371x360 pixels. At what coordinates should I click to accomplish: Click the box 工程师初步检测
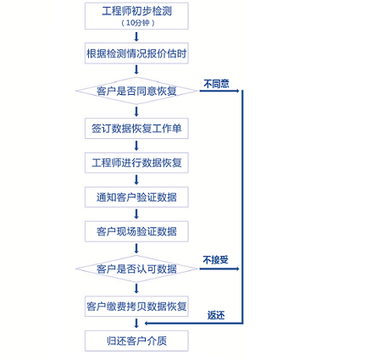pyautogui.click(x=136, y=16)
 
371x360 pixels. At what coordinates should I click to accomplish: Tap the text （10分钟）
pyautogui.click(x=138, y=23)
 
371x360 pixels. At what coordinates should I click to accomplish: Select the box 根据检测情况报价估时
pyautogui.click(x=136, y=53)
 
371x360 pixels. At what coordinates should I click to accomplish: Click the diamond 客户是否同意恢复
pyautogui.click(x=136, y=91)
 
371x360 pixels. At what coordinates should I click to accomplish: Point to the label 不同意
pyautogui.click(x=216, y=84)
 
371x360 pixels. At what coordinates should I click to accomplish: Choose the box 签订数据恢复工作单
pyautogui.click(x=136, y=129)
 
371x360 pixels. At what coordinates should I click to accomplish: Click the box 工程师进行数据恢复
pyautogui.click(x=136, y=163)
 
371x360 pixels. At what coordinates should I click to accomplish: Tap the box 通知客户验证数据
pyautogui.click(x=136, y=197)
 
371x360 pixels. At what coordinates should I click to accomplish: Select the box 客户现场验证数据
pyautogui.click(x=136, y=231)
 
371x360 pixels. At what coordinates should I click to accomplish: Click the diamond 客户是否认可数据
pyautogui.click(x=136, y=269)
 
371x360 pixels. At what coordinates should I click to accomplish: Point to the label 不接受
pyautogui.click(x=215, y=260)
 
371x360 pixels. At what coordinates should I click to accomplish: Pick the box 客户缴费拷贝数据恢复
pyautogui.click(x=136, y=307)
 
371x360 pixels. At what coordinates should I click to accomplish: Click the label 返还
pyautogui.click(x=216, y=315)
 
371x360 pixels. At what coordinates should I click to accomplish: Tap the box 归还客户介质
pyautogui.click(x=136, y=341)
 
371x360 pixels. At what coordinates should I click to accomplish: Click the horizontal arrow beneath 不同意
pyautogui.click(x=219, y=91)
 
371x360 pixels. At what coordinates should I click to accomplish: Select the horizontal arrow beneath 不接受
pyautogui.click(x=219, y=269)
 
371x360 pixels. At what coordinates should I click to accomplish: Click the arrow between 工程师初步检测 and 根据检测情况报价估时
pyautogui.click(x=136, y=36)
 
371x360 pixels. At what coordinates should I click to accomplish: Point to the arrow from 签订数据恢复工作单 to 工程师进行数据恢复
pyautogui.click(x=136, y=146)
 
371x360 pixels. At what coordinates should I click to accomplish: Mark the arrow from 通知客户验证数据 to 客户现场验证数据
pyautogui.click(x=136, y=214)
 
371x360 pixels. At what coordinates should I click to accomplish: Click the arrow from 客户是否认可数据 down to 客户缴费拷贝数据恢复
pyautogui.click(x=136, y=289)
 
